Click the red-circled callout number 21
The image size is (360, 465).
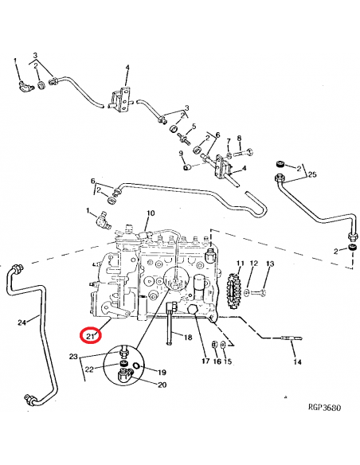coord(91,336)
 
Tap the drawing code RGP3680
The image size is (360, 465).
coord(325,407)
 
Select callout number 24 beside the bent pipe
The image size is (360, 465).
coord(22,322)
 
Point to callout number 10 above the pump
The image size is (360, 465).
coord(151,213)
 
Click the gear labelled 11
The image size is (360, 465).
coord(233,291)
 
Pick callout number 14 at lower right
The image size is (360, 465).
coord(297,361)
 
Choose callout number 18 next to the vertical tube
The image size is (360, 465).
coord(188,337)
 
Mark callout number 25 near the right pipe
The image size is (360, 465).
coord(312,174)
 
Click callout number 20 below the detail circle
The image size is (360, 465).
coord(162,385)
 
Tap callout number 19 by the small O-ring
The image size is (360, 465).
coord(162,373)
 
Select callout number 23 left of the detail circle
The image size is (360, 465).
coord(73,356)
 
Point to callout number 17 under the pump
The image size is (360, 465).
coord(205,361)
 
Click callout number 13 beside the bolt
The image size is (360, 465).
coord(270,264)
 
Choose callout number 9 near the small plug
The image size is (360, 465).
coord(181,154)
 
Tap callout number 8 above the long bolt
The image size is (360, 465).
coord(239,138)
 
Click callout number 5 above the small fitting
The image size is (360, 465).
coord(194,127)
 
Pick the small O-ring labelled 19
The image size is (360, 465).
coord(136,365)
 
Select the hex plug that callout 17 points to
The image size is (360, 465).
coord(193,311)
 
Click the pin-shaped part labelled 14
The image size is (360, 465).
coord(292,338)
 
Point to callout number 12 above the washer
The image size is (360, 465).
coord(254,263)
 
